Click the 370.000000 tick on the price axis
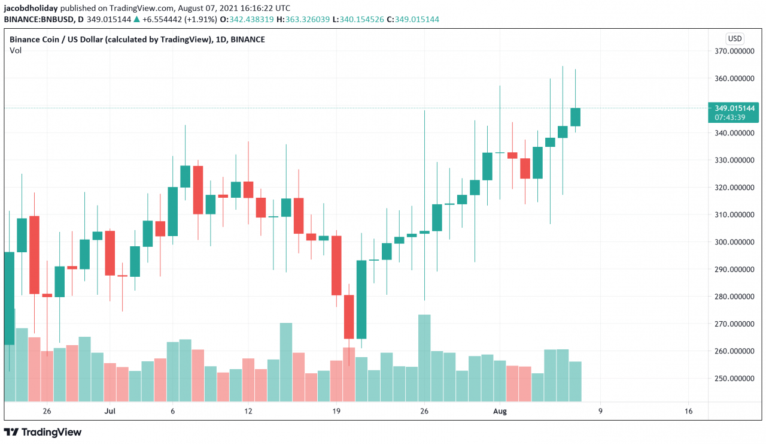click(734, 52)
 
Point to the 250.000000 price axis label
click(734, 379)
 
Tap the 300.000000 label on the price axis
click(734, 242)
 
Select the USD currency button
click(734, 38)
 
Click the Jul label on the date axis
click(110, 411)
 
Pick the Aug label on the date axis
click(500, 411)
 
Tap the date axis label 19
click(336, 411)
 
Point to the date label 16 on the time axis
click(688, 411)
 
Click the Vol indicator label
click(16, 50)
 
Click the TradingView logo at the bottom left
click(43, 432)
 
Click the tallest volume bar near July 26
click(424, 358)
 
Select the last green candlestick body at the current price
click(575, 117)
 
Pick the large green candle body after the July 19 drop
click(361, 300)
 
